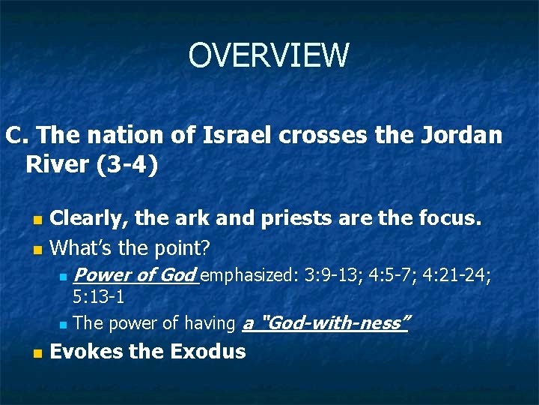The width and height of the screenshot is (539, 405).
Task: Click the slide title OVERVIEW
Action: (x=269, y=55)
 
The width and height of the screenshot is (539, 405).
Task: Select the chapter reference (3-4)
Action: (x=127, y=164)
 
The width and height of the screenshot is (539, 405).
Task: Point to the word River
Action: (x=58, y=164)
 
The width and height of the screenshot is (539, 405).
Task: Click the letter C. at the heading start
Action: (x=16, y=135)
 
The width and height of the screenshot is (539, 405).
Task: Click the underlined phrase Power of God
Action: (x=135, y=275)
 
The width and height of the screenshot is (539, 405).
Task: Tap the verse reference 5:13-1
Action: (x=98, y=297)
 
